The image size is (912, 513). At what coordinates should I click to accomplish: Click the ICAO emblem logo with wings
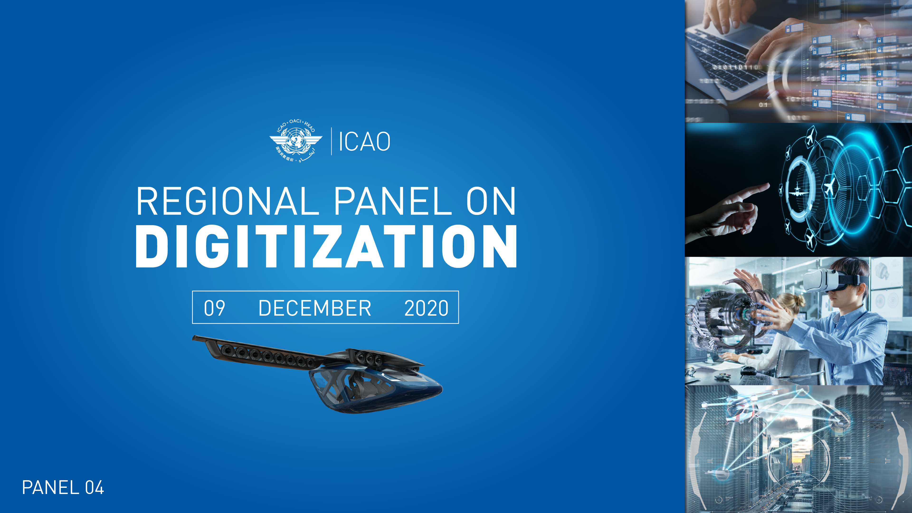(x=296, y=142)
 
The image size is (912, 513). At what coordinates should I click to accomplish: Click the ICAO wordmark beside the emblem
(x=364, y=142)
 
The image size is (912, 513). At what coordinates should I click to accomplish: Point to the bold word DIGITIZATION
(x=326, y=247)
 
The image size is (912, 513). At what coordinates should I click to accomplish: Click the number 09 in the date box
(x=214, y=308)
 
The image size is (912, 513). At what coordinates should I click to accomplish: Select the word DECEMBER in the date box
(x=315, y=308)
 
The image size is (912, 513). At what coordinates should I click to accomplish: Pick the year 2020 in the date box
(x=426, y=308)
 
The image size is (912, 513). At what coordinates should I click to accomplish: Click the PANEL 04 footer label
(x=63, y=488)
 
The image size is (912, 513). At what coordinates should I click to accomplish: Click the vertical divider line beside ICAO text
(x=331, y=141)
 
